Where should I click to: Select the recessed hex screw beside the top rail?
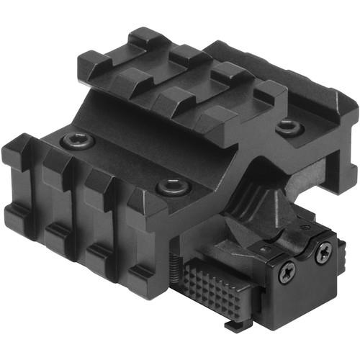[288, 127]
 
